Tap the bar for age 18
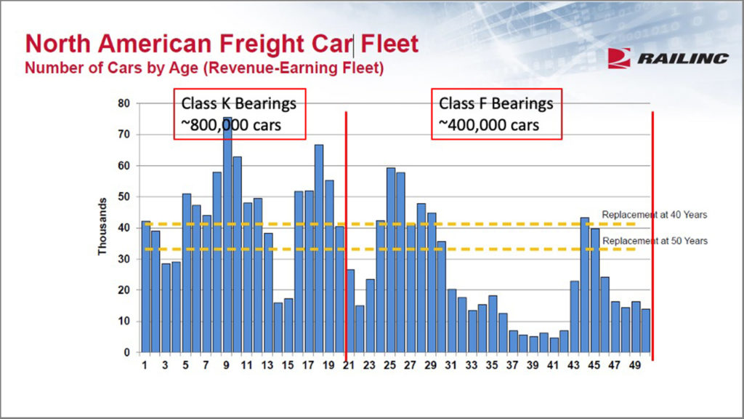319,248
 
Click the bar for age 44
585,284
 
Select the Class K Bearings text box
239,114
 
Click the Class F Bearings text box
497,114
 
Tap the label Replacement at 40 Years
654,215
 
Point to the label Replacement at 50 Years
654,241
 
